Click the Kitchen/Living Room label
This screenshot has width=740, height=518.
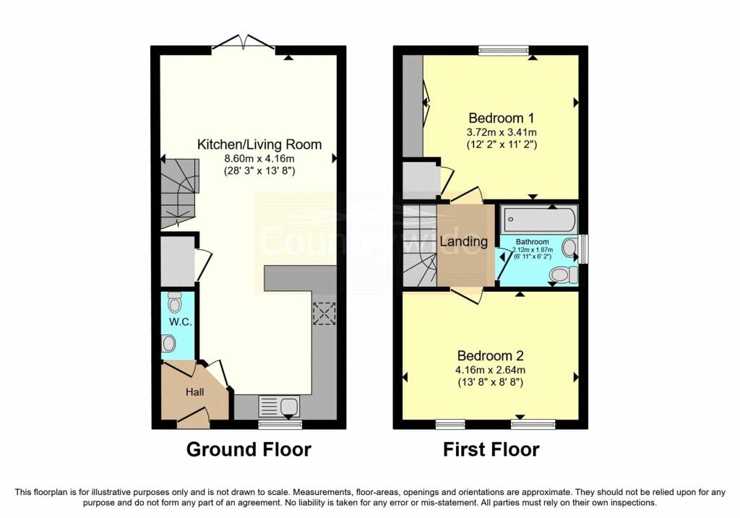point(259,144)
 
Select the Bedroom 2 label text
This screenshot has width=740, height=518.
point(491,355)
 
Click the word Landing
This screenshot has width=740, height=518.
point(464,242)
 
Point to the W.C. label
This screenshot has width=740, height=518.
point(180,322)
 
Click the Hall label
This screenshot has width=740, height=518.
point(195,392)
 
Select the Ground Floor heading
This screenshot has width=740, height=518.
point(249,449)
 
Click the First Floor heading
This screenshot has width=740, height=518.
point(491,449)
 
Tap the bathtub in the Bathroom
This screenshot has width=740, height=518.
point(538,219)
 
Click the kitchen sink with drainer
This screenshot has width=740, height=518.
point(279,406)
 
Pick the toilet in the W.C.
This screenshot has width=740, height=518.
point(175,302)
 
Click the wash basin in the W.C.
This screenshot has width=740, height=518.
point(168,343)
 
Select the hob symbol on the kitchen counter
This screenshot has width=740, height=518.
point(324,314)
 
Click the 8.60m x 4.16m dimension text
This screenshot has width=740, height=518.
point(259,159)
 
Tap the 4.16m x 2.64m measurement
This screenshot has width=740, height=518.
point(491,371)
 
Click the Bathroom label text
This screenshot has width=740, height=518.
point(533,241)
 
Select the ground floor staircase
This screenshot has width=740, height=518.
point(179,194)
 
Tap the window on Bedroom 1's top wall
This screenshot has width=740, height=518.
point(504,50)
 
